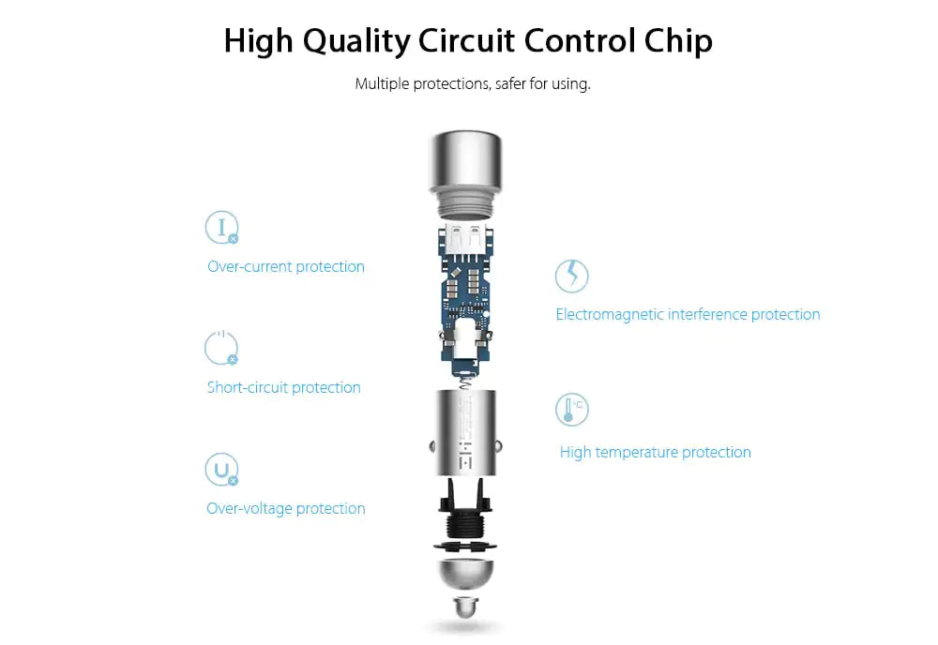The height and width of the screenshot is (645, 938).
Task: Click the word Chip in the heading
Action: pyautogui.click(x=678, y=41)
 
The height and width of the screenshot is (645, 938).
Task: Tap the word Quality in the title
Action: pyautogui.click(x=356, y=42)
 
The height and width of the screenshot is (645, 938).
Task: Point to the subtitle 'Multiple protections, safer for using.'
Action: pyautogui.click(x=473, y=83)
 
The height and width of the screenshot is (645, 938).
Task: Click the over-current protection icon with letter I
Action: pyautogui.click(x=222, y=227)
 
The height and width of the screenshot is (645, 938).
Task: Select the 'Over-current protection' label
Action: pyautogui.click(x=286, y=266)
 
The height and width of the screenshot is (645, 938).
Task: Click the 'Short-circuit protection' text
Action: pyautogui.click(x=283, y=387)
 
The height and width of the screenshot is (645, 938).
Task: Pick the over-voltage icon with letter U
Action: pyautogui.click(x=221, y=470)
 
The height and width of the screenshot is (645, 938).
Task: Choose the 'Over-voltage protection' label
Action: pyautogui.click(x=286, y=509)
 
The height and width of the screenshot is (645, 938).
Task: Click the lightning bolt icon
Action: pyautogui.click(x=572, y=276)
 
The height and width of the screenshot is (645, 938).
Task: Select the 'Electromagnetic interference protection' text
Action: pyautogui.click(x=688, y=314)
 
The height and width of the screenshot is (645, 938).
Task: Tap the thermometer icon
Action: pyautogui.click(x=572, y=410)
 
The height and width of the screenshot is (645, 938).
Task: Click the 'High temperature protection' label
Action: pyautogui.click(x=655, y=453)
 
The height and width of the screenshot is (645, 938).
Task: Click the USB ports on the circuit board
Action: pyautogui.click(x=466, y=238)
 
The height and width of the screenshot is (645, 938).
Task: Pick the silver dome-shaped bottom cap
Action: pyautogui.click(x=465, y=574)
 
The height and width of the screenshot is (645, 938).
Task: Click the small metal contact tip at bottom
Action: pyautogui.click(x=465, y=607)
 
